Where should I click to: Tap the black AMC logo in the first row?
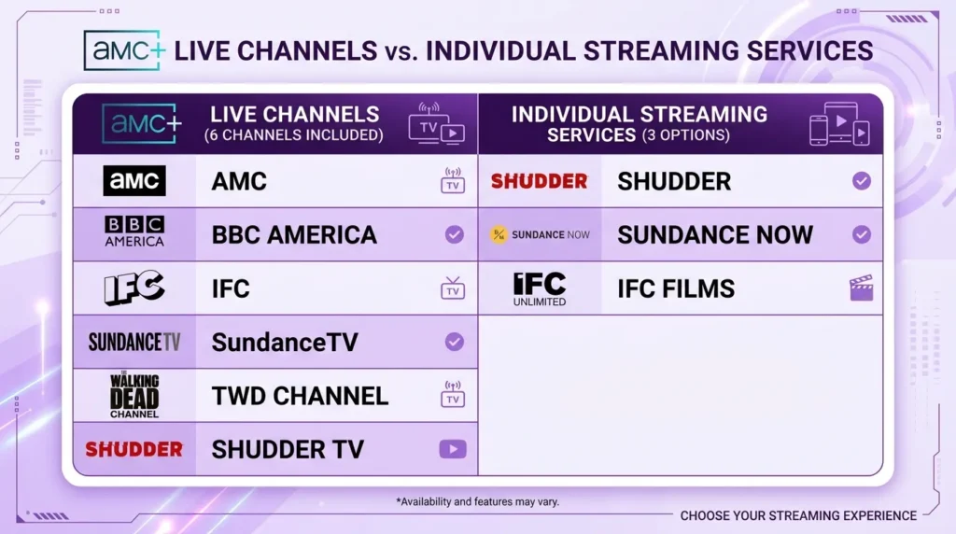click(134, 181)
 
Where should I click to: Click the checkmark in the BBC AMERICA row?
click(454, 234)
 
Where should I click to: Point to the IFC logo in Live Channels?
click(134, 288)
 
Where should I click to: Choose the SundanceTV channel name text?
click(285, 342)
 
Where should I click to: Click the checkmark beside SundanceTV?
click(454, 342)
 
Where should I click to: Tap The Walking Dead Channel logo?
click(134, 395)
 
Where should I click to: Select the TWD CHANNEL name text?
click(300, 396)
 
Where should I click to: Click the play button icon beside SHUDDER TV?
click(453, 449)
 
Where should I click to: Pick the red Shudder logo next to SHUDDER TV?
click(134, 449)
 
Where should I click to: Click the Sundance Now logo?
click(541, 234)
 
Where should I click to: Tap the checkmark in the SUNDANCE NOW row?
click(861, 234)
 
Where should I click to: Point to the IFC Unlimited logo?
click(540, 288)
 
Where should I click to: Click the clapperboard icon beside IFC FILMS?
click(861, 288)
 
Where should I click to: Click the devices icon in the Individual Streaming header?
click(838, 124)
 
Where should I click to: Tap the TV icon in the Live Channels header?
click(436, 123)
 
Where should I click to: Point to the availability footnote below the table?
click(477, 501)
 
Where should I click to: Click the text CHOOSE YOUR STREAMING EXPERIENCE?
click(798, 515)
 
